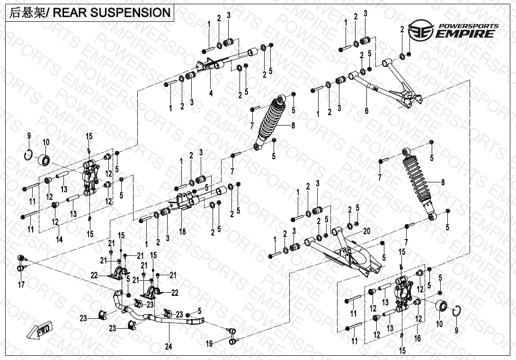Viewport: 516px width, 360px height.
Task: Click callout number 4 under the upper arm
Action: click(211, 93)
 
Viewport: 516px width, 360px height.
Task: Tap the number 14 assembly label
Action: click(59, 240)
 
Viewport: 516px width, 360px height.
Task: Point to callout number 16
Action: click(417, 338)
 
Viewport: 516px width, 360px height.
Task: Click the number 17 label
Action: click(21, 285)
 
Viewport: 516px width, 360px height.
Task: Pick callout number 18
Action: click(183, 232)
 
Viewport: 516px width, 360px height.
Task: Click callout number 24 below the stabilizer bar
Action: click(169, 347)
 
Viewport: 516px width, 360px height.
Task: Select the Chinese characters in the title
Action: click(27, 13)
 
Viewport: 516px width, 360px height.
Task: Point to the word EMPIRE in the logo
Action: click(466, 34)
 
